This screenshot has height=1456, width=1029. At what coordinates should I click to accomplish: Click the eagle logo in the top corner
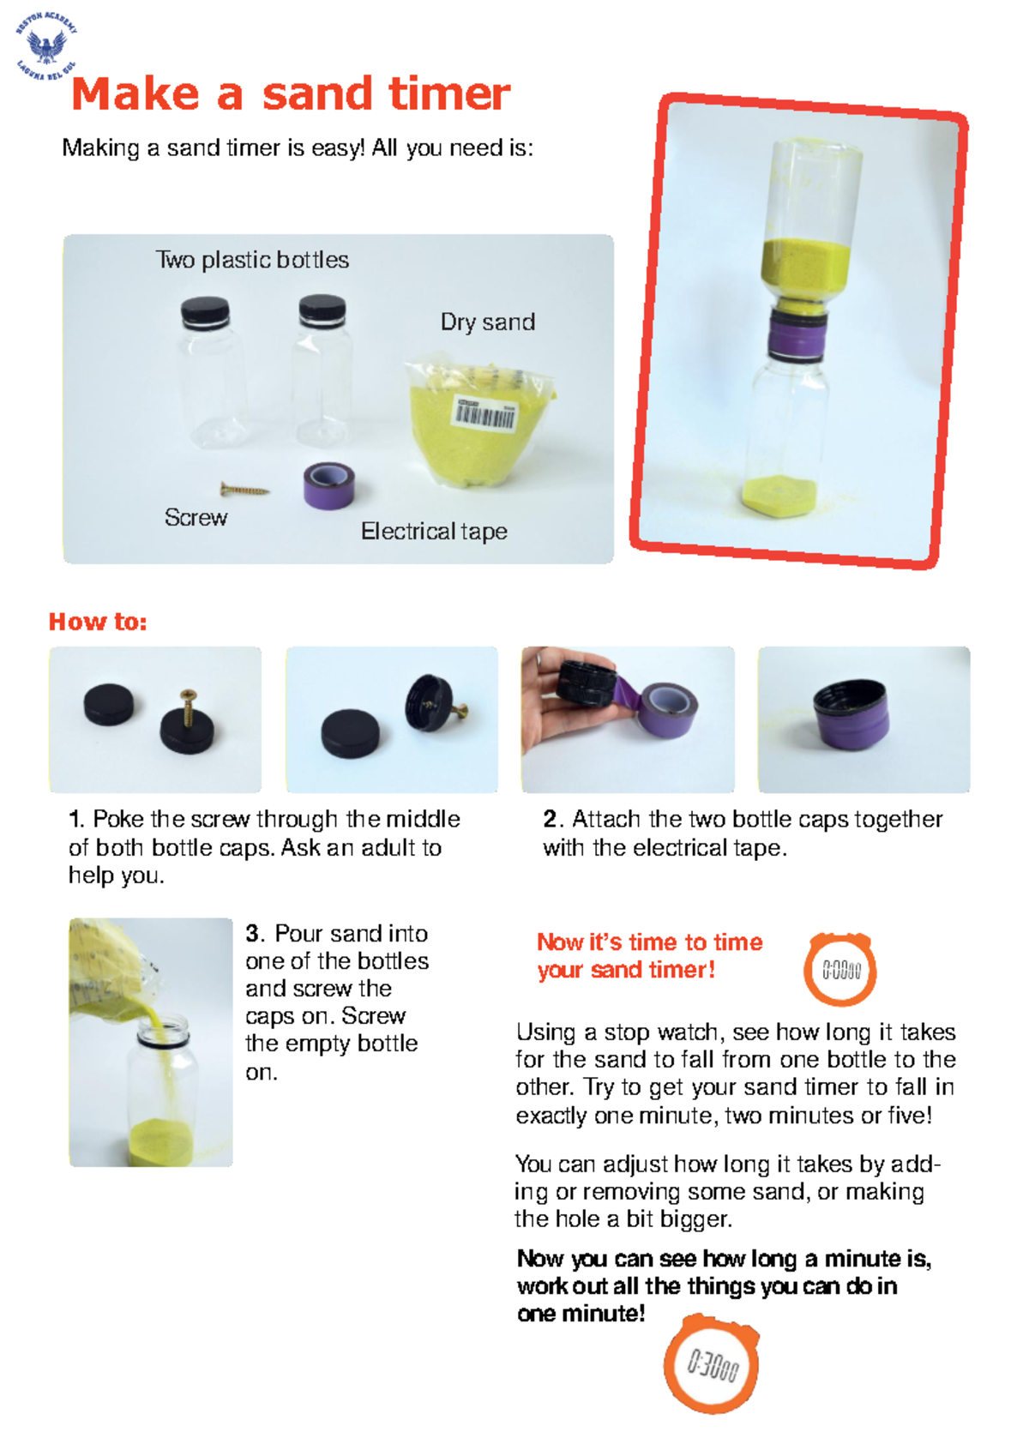46,46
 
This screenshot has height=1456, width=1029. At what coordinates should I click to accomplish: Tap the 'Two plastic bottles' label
252,260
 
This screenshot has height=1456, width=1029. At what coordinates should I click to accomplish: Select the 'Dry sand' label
487,322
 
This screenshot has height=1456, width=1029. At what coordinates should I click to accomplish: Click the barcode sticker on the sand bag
484,414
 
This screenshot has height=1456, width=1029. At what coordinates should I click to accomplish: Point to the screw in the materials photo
244,490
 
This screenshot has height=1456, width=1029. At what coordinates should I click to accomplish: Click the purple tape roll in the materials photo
328,485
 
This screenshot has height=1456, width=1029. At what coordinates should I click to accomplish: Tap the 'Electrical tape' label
433,532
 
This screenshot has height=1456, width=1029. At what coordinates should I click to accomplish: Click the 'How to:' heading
98,622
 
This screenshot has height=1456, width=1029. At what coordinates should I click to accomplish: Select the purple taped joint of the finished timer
798,336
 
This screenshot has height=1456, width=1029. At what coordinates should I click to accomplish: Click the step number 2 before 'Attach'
550,819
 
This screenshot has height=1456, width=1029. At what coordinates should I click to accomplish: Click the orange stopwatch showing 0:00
840,970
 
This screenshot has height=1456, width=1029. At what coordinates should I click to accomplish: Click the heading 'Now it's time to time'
649,942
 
